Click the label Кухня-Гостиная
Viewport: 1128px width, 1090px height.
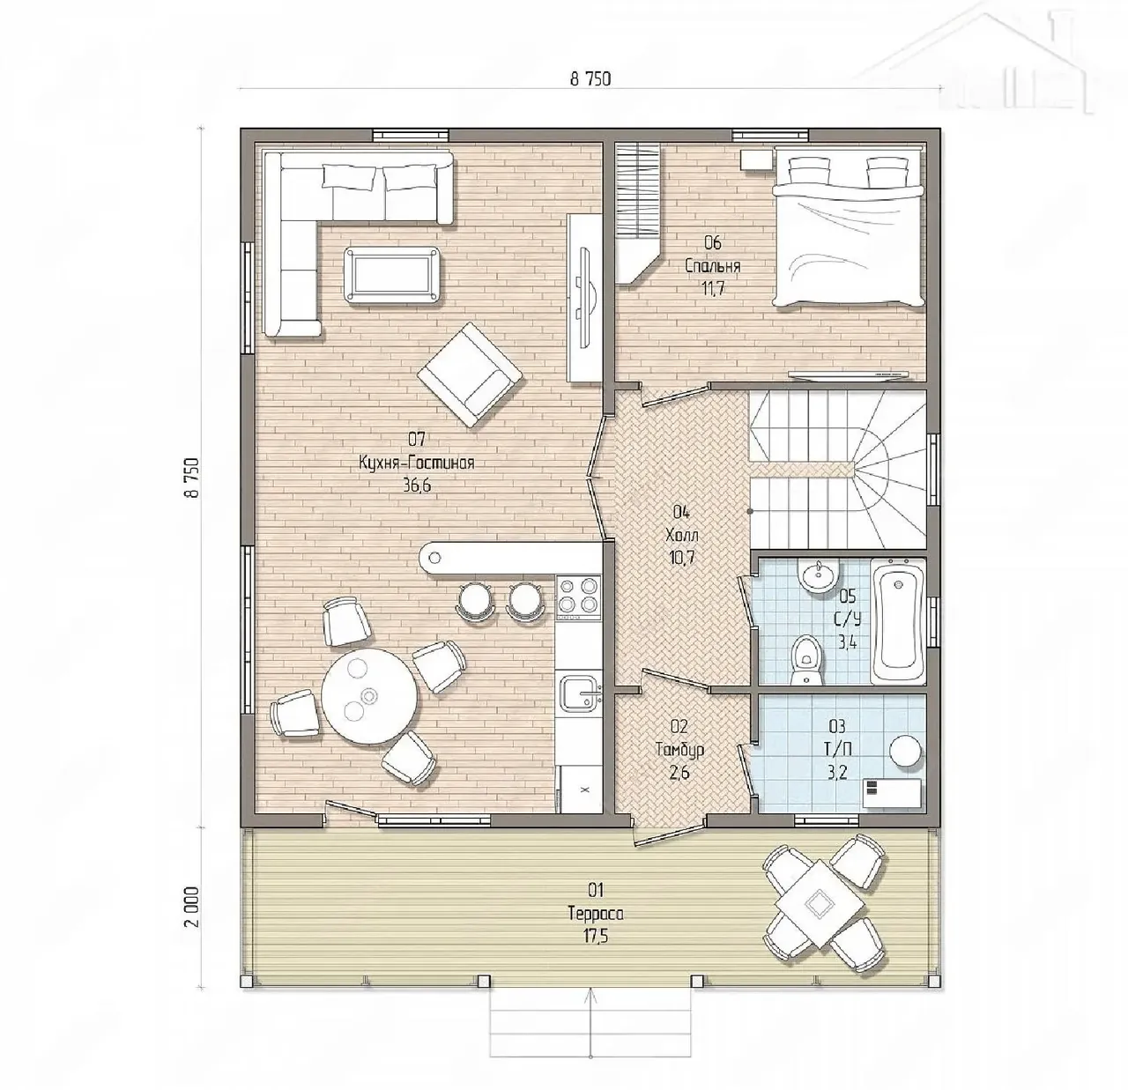416,463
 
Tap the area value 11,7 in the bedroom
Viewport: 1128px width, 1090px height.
713,289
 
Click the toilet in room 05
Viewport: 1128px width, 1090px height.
807,660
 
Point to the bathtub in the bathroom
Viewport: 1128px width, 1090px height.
898,621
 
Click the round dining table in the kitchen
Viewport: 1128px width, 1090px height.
369,696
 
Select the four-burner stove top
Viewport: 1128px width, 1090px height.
578,597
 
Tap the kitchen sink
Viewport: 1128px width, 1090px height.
580,694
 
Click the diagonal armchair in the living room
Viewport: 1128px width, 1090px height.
470,374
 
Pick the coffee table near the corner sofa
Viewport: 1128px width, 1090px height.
391,275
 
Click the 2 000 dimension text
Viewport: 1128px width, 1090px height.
192,907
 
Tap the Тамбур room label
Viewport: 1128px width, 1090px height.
679,750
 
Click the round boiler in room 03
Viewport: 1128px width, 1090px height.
905,752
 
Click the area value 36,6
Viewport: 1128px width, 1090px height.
417,486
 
